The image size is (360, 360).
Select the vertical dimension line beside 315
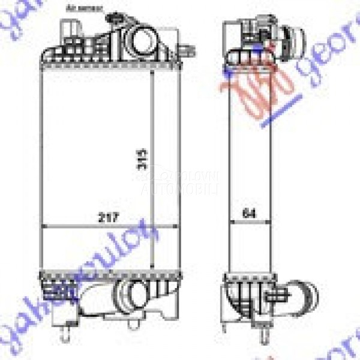coord(154,168)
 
